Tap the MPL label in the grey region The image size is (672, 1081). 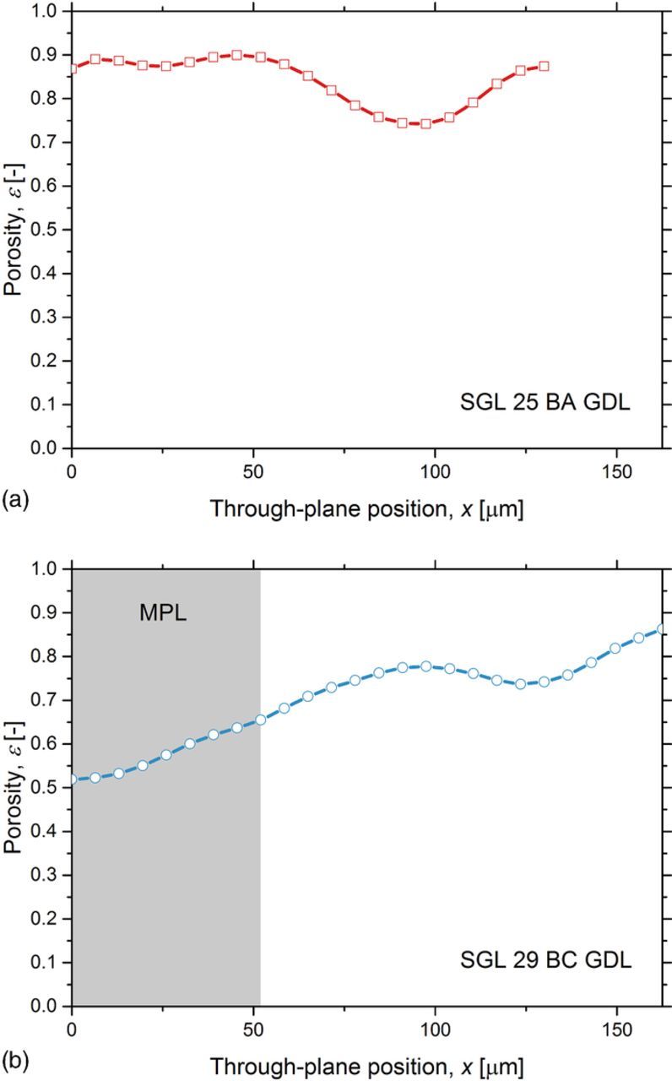162,613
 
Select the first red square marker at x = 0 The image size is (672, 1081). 73,68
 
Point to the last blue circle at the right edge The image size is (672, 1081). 661,628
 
